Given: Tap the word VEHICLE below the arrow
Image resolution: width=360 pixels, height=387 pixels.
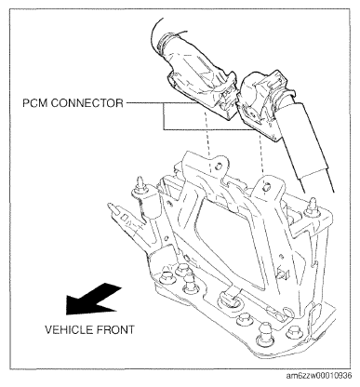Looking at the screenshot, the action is [x=69, y=329].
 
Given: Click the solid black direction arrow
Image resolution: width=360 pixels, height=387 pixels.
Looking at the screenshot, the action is [x=93, y=299].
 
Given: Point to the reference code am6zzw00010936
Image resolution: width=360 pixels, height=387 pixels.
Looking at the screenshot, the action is [x=319, y=376].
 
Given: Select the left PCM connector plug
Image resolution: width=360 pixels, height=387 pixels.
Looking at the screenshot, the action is [x=203, y=91].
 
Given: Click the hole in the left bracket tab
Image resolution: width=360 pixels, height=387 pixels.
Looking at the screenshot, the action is [x=218, y=166].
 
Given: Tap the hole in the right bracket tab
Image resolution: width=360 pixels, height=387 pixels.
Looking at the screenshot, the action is [x=266, y=187].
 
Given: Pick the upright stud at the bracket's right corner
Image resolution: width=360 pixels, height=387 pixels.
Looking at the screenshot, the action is [x=312, y=207].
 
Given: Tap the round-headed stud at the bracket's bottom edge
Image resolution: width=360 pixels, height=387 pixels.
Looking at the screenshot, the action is [x=264, y=332].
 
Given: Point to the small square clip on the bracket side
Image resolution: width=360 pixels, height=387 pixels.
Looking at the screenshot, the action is [x=283, y=273].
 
